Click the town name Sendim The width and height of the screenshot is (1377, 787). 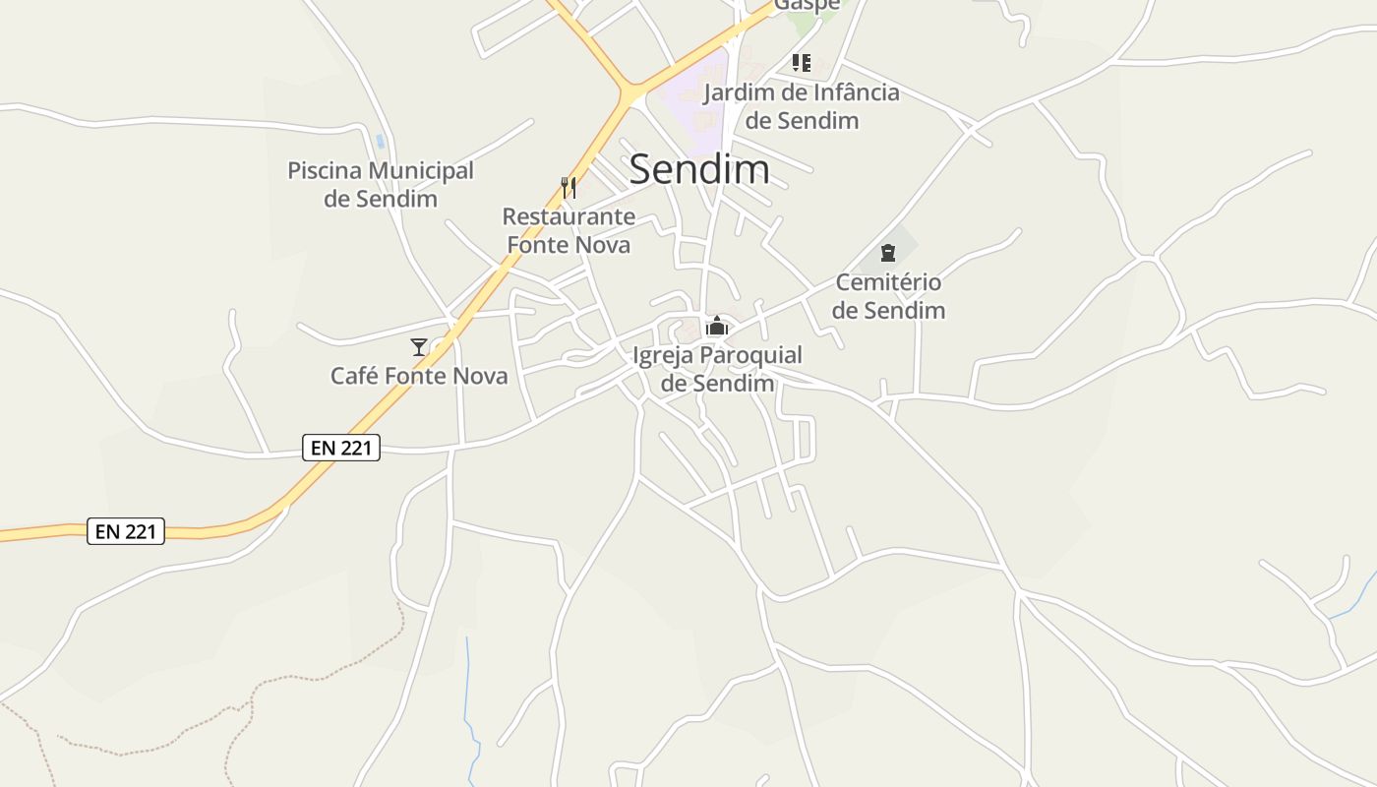click(698, 169)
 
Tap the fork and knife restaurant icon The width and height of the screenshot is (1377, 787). click(569, 187)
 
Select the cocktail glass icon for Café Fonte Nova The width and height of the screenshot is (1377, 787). click(419, 346)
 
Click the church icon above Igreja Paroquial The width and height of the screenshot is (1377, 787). click(717, 326)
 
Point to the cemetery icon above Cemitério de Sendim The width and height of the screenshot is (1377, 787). click(888, 253)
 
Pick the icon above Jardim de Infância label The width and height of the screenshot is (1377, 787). click(802, 63)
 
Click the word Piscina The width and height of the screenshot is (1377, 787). click(322, 171)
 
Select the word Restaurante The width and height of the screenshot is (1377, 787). click(569, 216)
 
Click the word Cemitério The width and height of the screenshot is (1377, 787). click(888, 283)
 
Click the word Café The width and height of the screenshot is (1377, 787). click(354, 376)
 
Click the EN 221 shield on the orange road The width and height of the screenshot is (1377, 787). click(126, 531)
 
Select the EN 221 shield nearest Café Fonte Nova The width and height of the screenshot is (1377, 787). click(340, 448)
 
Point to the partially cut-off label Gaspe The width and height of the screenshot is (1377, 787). click(807, 5)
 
